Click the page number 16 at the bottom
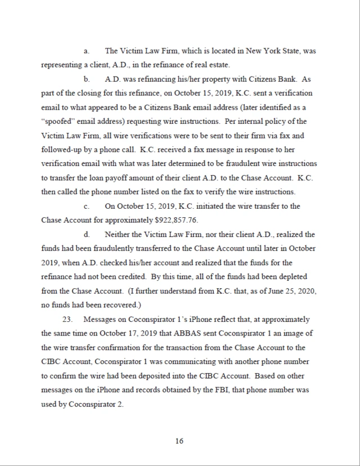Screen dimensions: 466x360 tap(179, 441)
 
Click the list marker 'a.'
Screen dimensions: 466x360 tap(87, 51)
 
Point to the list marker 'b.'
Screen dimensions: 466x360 tap(87, 79)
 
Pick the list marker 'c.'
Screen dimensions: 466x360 tap(87, 206)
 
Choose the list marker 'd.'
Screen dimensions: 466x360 tap(87, 234)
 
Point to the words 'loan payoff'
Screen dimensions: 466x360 tap(104, 178)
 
